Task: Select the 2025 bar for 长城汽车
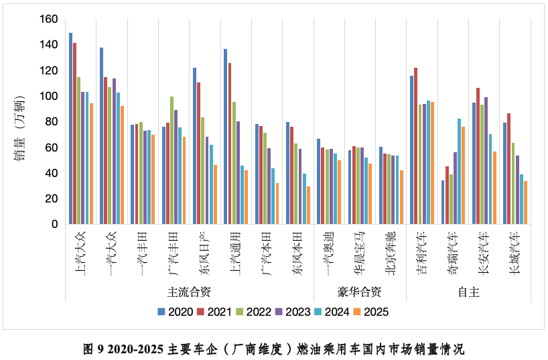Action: [x=526, y=202]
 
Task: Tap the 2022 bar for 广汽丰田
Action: [x=172, y=160]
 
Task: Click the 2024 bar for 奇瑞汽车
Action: [x=459, y=172]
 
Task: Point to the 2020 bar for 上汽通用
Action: [x=226, y=137]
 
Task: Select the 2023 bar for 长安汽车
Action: [x=486, y=161]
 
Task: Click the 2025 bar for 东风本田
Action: [x=308, y=205]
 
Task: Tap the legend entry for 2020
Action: [x=178, y=311]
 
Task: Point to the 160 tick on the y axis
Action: [x=49, y=19]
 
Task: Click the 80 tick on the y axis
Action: [x=52, y=122]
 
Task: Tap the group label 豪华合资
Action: [x=359, y=292]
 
